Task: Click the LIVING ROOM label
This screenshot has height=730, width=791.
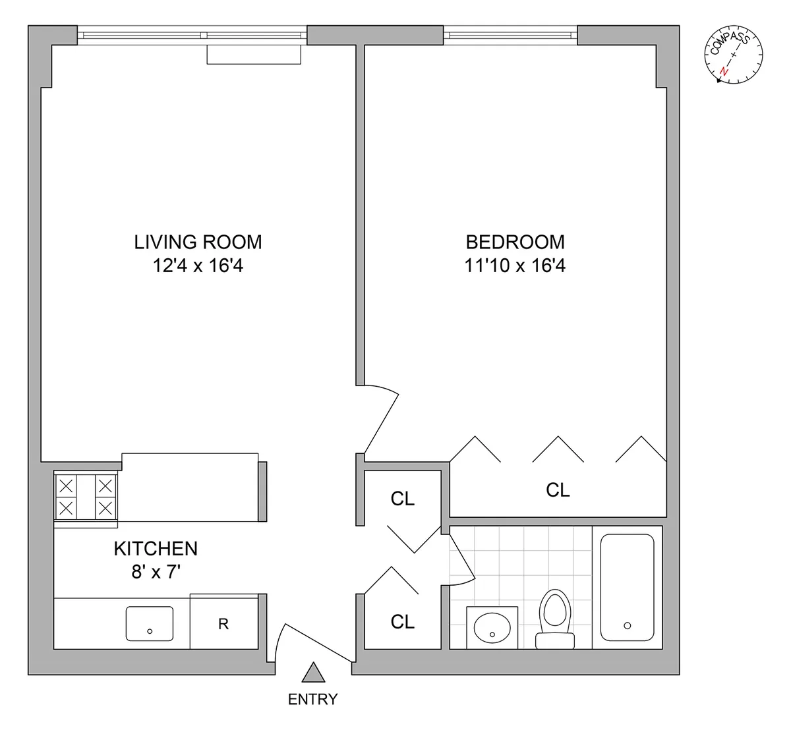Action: pos(198,242)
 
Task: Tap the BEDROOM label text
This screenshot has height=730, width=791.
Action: pos(515,242)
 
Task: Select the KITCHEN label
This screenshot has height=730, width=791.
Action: pos(156,548)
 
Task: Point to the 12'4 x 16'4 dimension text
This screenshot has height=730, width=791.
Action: pos(198,266)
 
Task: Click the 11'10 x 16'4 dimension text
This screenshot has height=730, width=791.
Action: pos(515,266)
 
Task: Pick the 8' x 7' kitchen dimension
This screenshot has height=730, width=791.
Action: pos(156,572)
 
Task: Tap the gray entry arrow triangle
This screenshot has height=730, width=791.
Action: pos(314,672)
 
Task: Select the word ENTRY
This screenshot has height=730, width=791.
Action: pos(313,699)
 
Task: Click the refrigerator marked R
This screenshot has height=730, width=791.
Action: pos(224,623)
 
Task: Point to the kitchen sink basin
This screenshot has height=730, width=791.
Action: pos(150,623)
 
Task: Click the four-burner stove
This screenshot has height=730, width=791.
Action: pos(86,497)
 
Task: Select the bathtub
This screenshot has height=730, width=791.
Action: pos(627,588)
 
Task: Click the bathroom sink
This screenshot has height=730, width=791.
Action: pos(492,627)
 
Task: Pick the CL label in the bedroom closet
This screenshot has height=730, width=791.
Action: pos(558,490)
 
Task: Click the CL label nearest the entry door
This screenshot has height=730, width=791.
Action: pos(403,621)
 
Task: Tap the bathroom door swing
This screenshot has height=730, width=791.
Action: pos(462,560)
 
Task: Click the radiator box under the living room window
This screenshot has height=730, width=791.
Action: pos(254,55)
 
